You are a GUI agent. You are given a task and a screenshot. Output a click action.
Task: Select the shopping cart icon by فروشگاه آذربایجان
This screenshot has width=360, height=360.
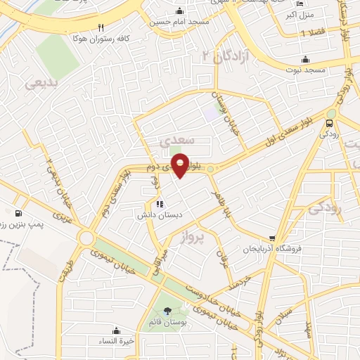pos(272,238)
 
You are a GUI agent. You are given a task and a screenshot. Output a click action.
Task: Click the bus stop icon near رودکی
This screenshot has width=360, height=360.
pos(329,124)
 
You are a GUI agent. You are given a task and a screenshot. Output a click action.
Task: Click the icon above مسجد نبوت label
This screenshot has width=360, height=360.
pos(305,59)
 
